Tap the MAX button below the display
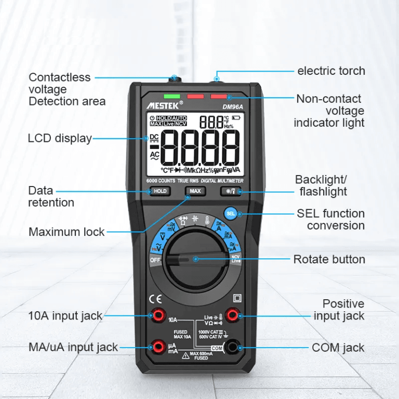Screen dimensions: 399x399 coord(195,191)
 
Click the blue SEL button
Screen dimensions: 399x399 coord(231,213)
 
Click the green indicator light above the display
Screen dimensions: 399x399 coord(171,96)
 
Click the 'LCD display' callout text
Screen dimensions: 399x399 coord(59,138)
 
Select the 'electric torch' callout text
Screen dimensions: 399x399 coord(331,71)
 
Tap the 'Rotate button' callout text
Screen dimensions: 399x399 coord(329,259)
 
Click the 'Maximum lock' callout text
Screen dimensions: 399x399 coord(66,232)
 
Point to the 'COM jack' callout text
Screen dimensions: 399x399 coord(338,348)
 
